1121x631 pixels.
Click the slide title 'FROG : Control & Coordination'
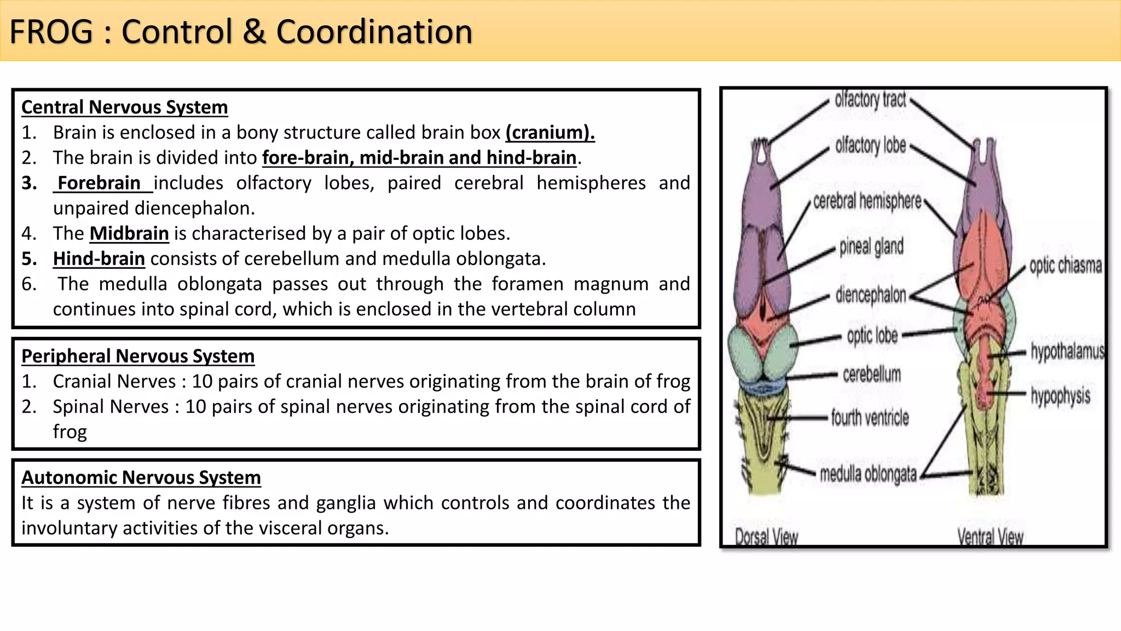click(x=241, y=32)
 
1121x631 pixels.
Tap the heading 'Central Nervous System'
click(x=125, y=107)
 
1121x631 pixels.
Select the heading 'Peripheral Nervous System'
click(x=138, y=357)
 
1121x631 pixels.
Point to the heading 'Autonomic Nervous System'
click(x=141, y=478)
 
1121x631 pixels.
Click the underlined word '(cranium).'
click(x=550, y=133)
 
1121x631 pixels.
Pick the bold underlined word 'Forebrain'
click(x=99, y=183)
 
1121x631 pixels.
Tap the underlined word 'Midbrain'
click(x=129, y=234)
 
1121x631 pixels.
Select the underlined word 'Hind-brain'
click(x=99, y=259)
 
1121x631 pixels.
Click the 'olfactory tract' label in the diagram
click(x=870, y=100)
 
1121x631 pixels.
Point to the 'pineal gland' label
click(x=871, y=247)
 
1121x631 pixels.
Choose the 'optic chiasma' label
click(x=1065, y=266)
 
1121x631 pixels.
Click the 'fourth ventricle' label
click(x=870, y=418)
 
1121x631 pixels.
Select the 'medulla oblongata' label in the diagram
click(x=868, y=474)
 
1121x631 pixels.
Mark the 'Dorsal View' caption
click(x=766, y=537)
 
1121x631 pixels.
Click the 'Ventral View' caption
click(x=990, y=537)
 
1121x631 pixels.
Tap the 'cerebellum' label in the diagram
click(x=871, y=375)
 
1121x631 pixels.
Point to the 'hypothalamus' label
click(x=1067, y=352)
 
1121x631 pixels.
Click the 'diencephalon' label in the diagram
click(x=870, y=296)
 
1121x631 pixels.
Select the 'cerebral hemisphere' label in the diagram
click(x=867, y=202)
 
